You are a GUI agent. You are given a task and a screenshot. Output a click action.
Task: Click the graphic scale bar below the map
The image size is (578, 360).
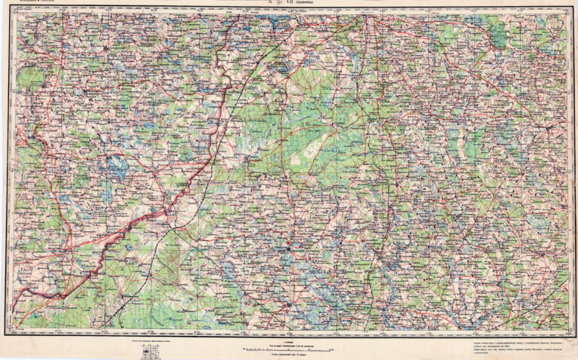click(289, 349)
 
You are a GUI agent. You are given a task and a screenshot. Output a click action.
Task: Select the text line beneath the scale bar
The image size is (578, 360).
click(289, 355)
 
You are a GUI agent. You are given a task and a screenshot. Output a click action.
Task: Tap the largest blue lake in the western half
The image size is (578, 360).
click(117, 167)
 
